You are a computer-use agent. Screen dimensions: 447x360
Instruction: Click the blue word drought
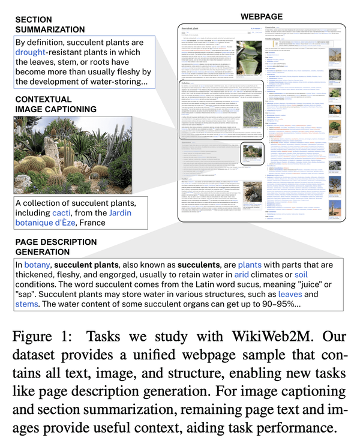click(36, 52)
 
